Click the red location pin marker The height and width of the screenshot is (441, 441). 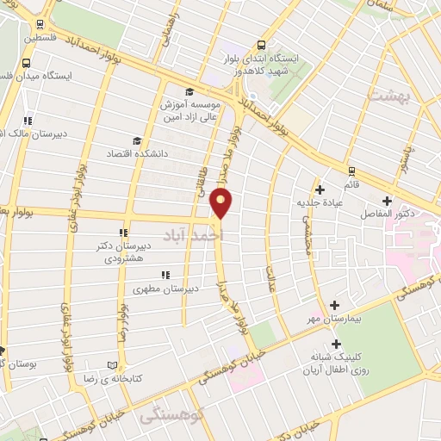[221, 204]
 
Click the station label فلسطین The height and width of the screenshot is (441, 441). [42, 39]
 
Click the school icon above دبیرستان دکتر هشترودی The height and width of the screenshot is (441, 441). [122, 232]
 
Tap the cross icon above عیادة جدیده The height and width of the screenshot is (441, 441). [320, 189]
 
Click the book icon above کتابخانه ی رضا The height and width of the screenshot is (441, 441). [111, 364]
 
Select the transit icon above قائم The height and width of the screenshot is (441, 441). [351, 170]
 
